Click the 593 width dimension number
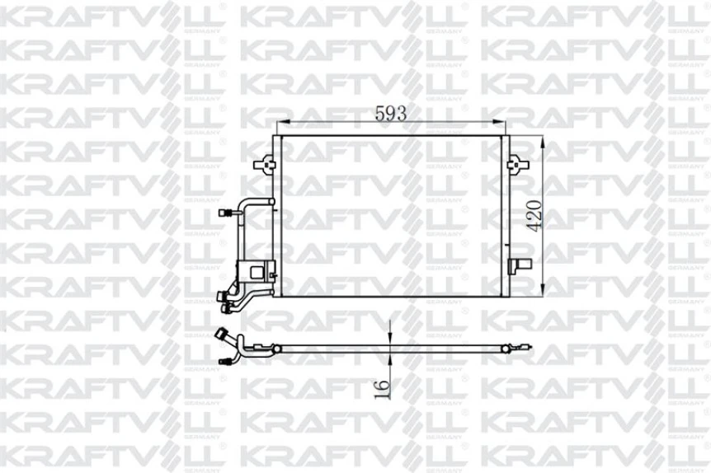tap(391, 115)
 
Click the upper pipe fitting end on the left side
tap(223, 213)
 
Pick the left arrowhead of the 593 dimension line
tap(280, 126)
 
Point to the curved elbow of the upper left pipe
tap(242, 204)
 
